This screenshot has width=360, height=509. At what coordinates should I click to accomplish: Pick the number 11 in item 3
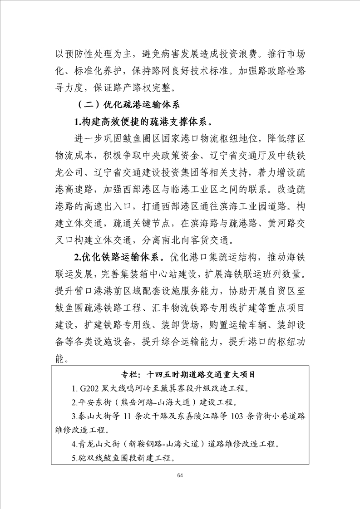(128, 416)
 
